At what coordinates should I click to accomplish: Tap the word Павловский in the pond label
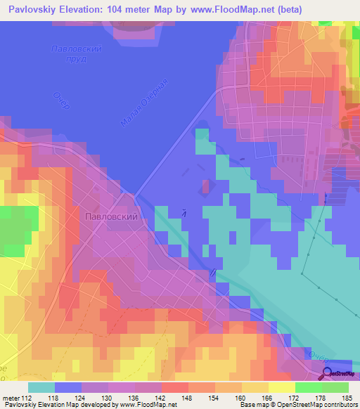pyautogui.click(x=77, y=49)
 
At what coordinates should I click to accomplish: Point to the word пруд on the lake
pyautogui.click(x=74, y=60)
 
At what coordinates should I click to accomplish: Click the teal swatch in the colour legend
pyautogui.click(x=41, y=387)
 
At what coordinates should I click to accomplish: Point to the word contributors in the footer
pyautogui.click(x=340, y=405)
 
